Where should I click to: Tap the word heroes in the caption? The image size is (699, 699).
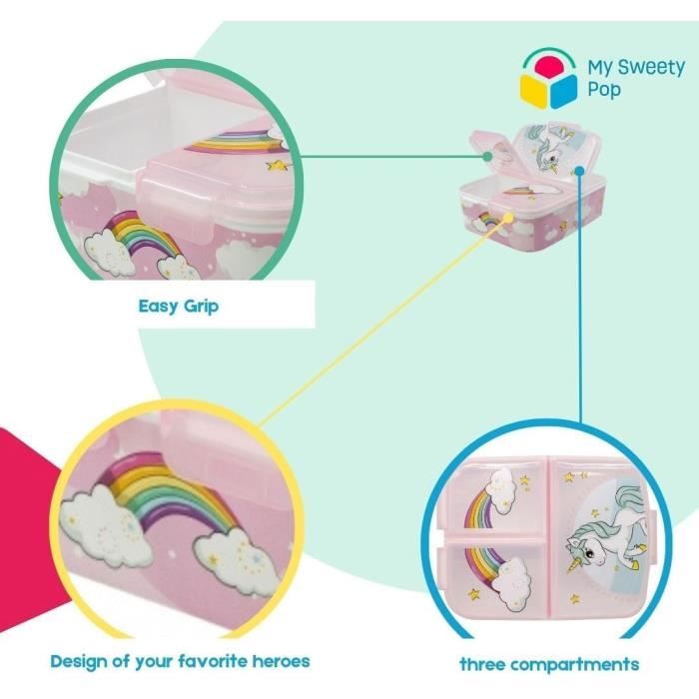(281, 661)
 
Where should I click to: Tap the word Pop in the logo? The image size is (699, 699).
(603, 89)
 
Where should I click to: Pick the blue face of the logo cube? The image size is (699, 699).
(563, 91)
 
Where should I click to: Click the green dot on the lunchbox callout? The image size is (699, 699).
(487, 156)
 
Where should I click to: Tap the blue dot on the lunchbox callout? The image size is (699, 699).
(579, 171)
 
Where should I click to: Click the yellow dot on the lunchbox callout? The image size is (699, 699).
(507, 218)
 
